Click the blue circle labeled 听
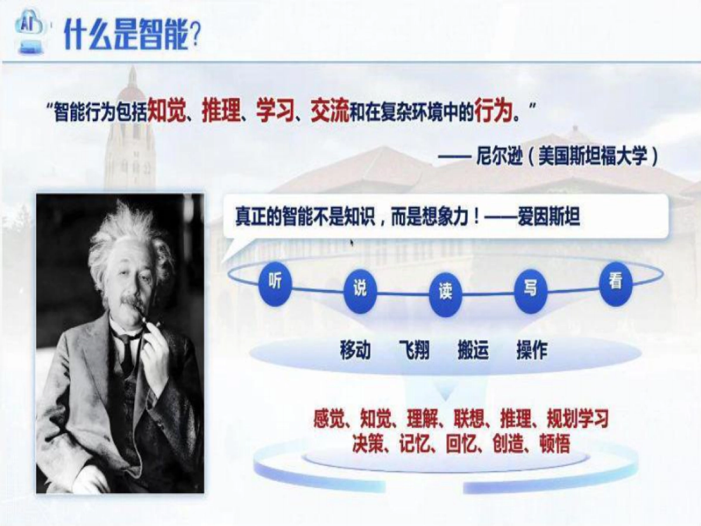click(x=275, y=283)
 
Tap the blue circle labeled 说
click(x=360, y=289)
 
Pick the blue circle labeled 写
click(x=530, y=289)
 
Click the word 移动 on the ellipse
click(x=355, y=351)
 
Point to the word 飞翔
click(x=414, y=351)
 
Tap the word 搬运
click(x=473, y=351)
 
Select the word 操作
click(x=532, y=351)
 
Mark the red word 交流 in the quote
click(x=329, y=111)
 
